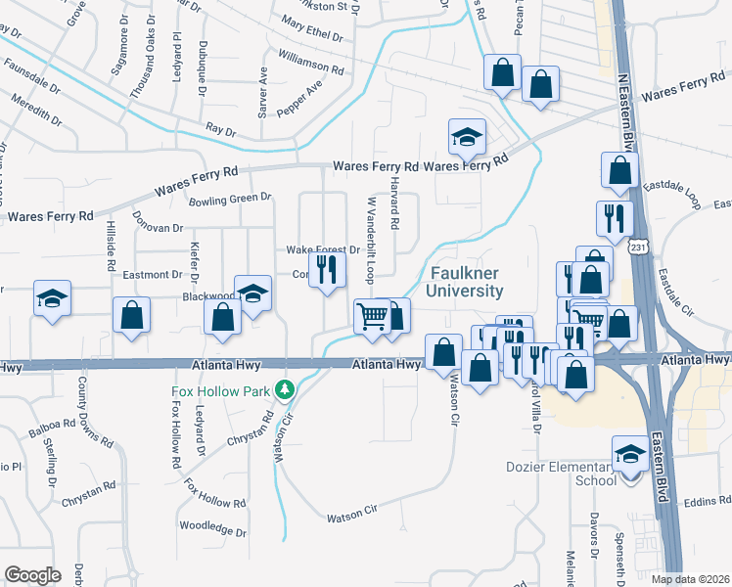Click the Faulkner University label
coord(465,282)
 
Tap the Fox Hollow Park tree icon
coord(285,389)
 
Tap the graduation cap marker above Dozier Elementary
coord(629,454)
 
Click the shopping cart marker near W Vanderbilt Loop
coord(372,317)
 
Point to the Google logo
coord(33,575)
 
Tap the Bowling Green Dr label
coord(229,199)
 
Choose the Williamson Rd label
coord(311,65)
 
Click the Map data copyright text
coord(689,579)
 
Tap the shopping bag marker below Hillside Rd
coord(131,316)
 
